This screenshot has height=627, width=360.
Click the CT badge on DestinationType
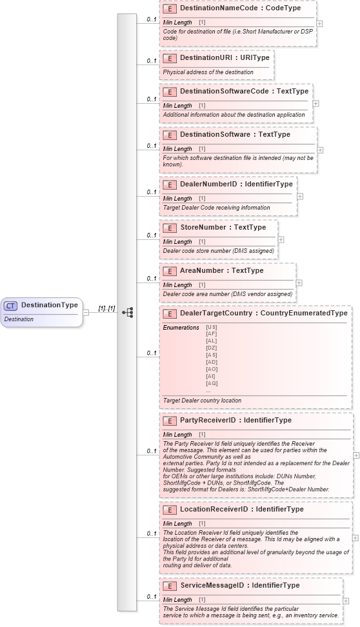(x=10, y=305)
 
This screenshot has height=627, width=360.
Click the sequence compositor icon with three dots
(x=127, y=312)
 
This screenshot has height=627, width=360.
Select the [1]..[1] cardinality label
(x=106, y=308)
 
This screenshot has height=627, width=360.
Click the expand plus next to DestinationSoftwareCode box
(x=315, y=103)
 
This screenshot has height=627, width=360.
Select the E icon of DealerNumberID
(x=170, y=184)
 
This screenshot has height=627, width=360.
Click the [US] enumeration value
(x=211, y=327)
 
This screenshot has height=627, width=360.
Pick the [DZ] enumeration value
(x=211, y=348)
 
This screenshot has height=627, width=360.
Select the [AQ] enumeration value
(x=211, y=383)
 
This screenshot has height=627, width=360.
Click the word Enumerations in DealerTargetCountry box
(x=181, y=327)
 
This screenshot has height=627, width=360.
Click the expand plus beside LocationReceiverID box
(x=355, y=537)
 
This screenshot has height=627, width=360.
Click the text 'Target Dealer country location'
(x=202, y=400)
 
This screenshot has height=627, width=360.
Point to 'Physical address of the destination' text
(x=208, y=72)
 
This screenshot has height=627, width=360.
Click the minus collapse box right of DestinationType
(x=86, y=312)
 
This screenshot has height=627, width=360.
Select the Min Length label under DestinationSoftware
(x=177, y=149)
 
